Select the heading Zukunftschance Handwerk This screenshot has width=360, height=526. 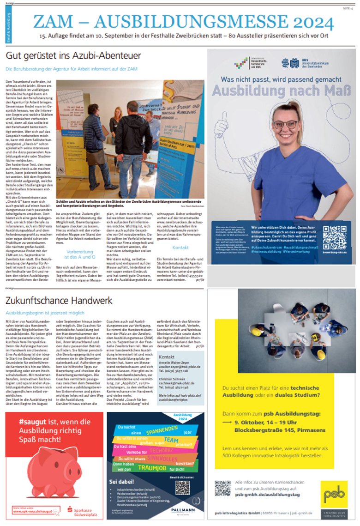59,301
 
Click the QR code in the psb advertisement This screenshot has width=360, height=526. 222,488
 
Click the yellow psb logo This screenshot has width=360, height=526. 334,494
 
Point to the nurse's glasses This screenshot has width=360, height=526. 285,124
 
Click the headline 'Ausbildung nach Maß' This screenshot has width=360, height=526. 274,91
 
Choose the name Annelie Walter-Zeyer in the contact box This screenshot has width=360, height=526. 174,363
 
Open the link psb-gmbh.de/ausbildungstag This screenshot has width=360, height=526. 267,495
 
